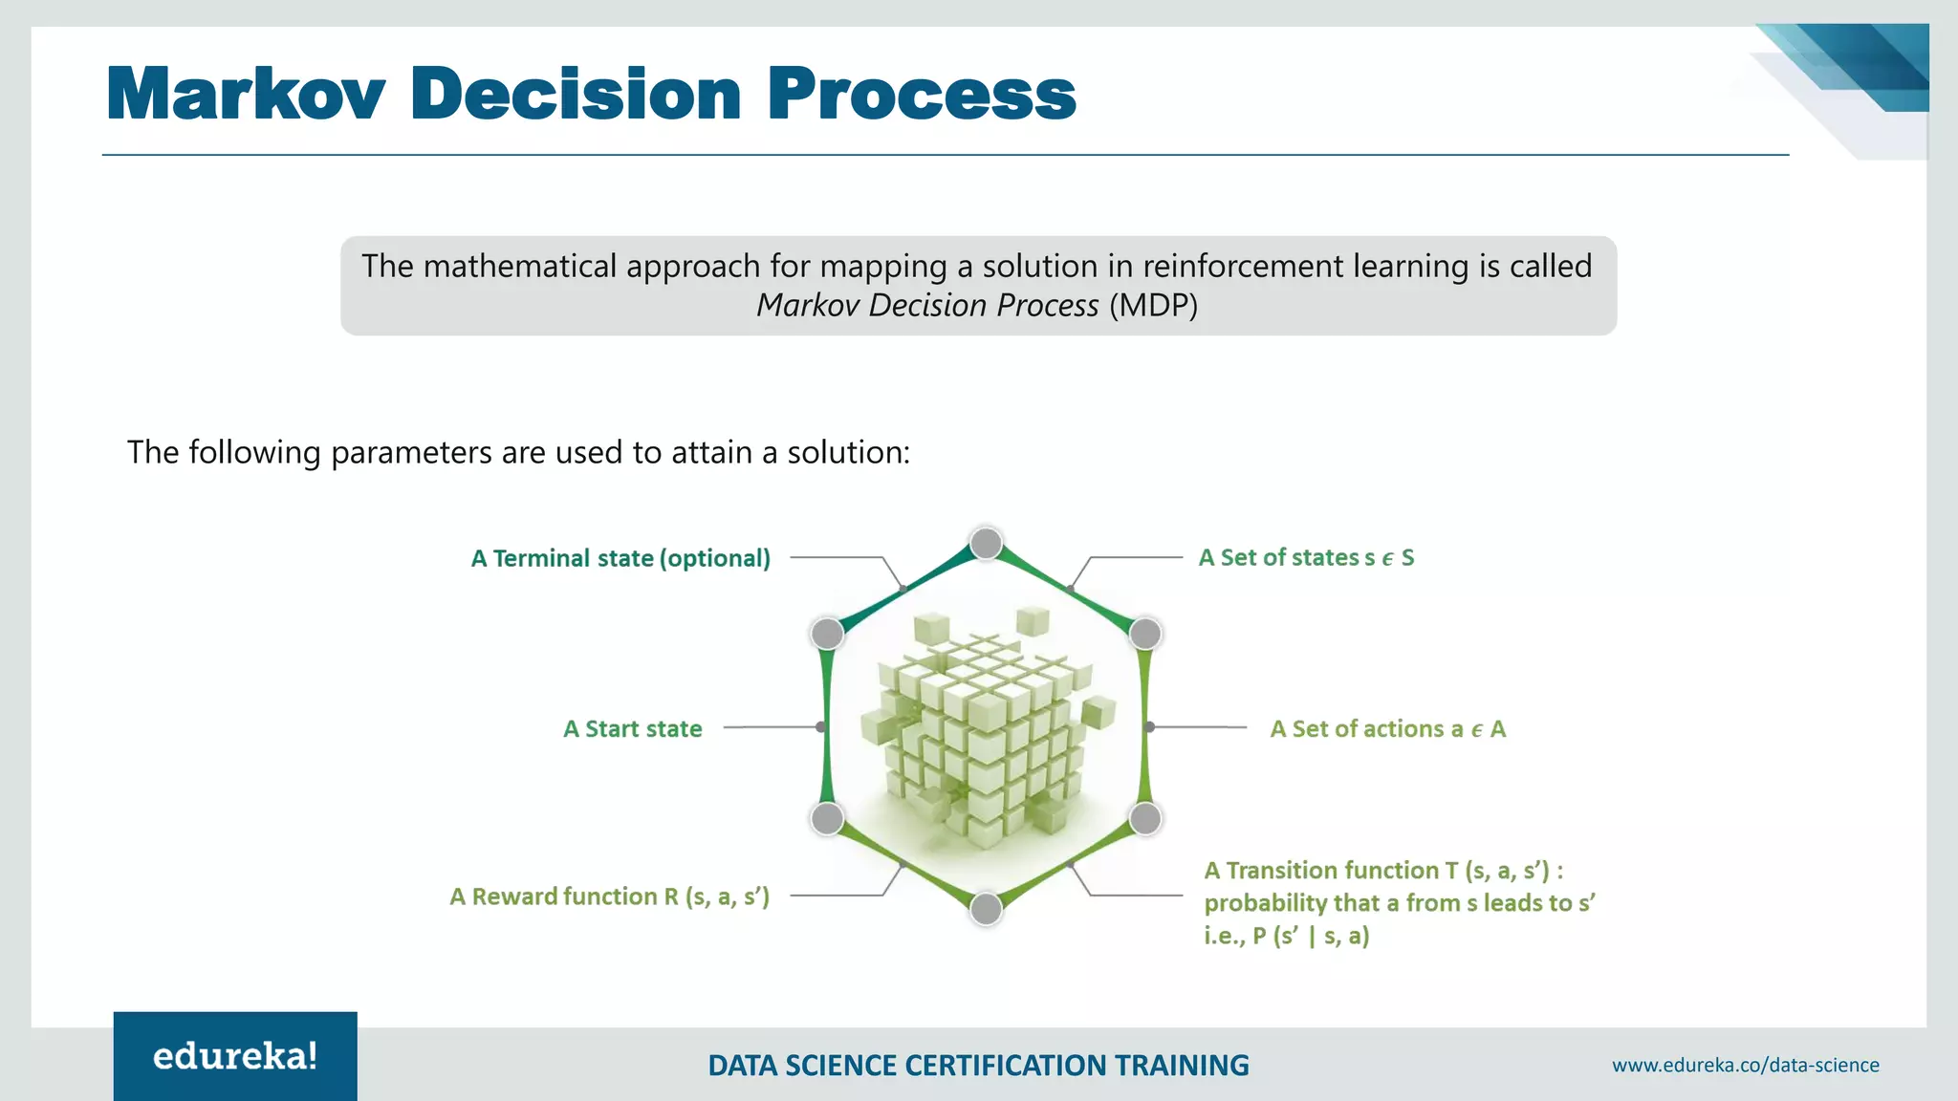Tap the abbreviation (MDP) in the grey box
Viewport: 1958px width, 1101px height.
1153,306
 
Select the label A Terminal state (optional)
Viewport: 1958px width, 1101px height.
620,558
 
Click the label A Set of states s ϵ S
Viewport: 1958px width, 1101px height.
1306,557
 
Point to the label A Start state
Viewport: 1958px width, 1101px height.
633,729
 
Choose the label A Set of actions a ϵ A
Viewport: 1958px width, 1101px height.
1387,729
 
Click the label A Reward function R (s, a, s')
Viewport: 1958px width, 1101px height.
610,896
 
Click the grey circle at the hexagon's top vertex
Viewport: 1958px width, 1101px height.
986,544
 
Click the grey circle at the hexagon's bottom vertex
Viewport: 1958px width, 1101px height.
986,908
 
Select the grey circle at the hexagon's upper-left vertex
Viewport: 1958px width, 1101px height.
827,633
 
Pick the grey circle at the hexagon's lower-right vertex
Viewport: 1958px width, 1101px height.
1145,818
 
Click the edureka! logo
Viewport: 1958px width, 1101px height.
235,1056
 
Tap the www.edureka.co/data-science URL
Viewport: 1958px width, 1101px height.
1745,1065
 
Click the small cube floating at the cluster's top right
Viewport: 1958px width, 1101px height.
1033,620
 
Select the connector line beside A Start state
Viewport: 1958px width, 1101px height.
770,727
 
